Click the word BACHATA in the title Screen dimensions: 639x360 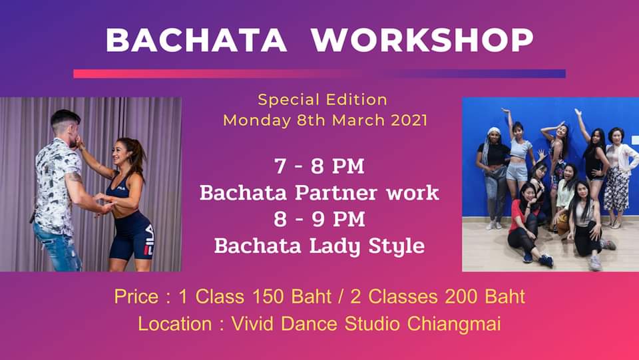(196, 40)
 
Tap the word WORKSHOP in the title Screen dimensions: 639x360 (422, 40)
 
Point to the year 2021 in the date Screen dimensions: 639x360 (409, 120)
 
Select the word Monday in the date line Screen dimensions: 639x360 (257, 121)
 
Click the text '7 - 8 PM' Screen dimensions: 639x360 (319, 166)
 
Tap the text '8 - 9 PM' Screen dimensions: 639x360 (319, 219)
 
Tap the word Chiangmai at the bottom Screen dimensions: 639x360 (453, 325)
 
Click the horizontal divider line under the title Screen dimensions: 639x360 (319, 74)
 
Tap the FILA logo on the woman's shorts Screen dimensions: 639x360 (150, 240)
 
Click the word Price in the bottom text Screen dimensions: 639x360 (136, 297)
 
